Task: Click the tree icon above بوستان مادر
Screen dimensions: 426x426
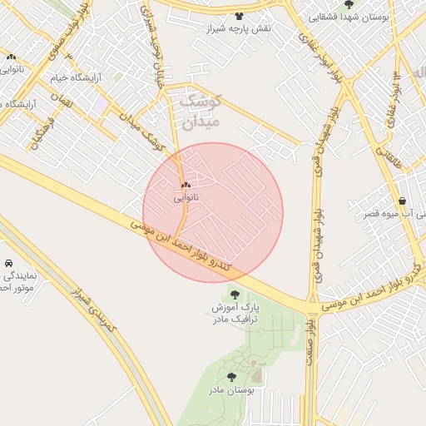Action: pyautogui.click(x=231, y=377)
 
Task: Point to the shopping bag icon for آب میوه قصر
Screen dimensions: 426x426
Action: pyautogui.click(x=402, y=201)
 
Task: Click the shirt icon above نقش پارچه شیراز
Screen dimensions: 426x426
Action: pyautogui.click(x=240, y=16)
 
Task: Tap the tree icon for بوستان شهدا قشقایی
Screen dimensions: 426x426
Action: pyautogui.click(x=348, y=4)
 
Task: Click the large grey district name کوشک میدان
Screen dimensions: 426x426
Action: pyautogui.click(x=199, y=111)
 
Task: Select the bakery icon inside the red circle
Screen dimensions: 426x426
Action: pyautogui.click(x=186, y=185)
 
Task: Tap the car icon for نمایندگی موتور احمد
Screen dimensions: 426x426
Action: pyautogui.click(x=7, y=263)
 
